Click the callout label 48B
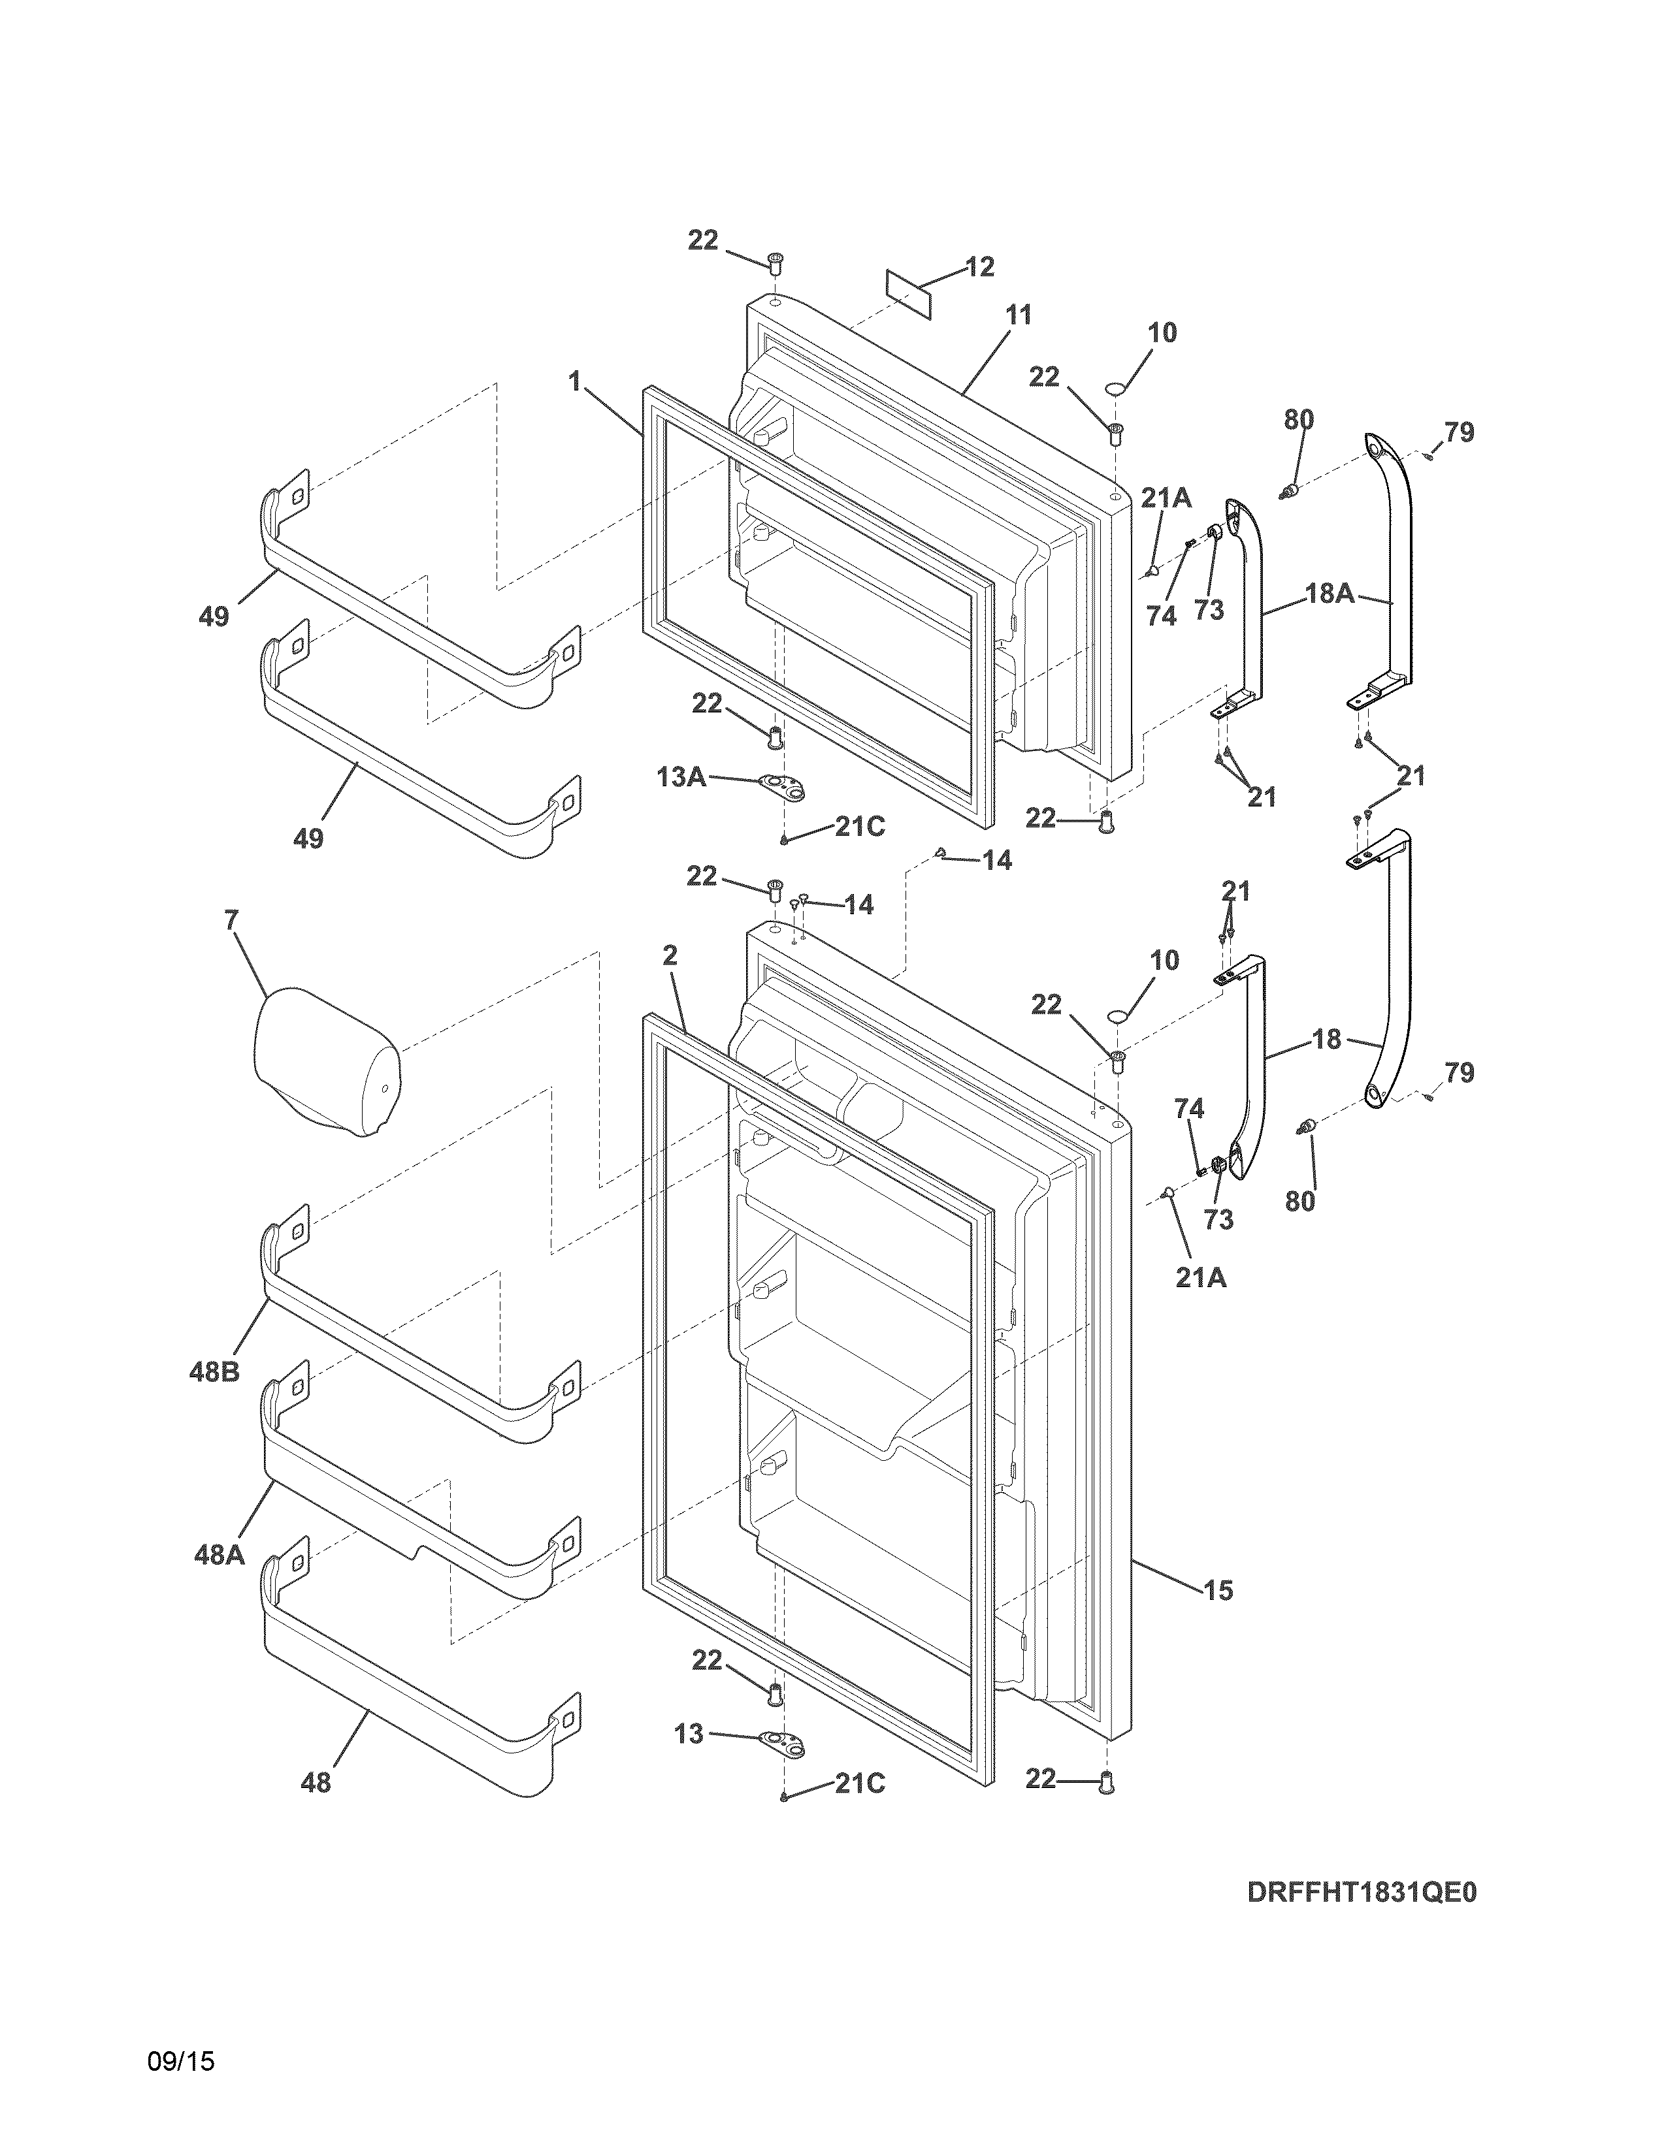(x=214, y=1371)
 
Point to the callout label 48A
(x=218, y=1555)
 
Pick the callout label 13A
(x=681, y=778)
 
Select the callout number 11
(x=1019, y=316)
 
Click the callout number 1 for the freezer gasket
(x=574, y=381)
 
